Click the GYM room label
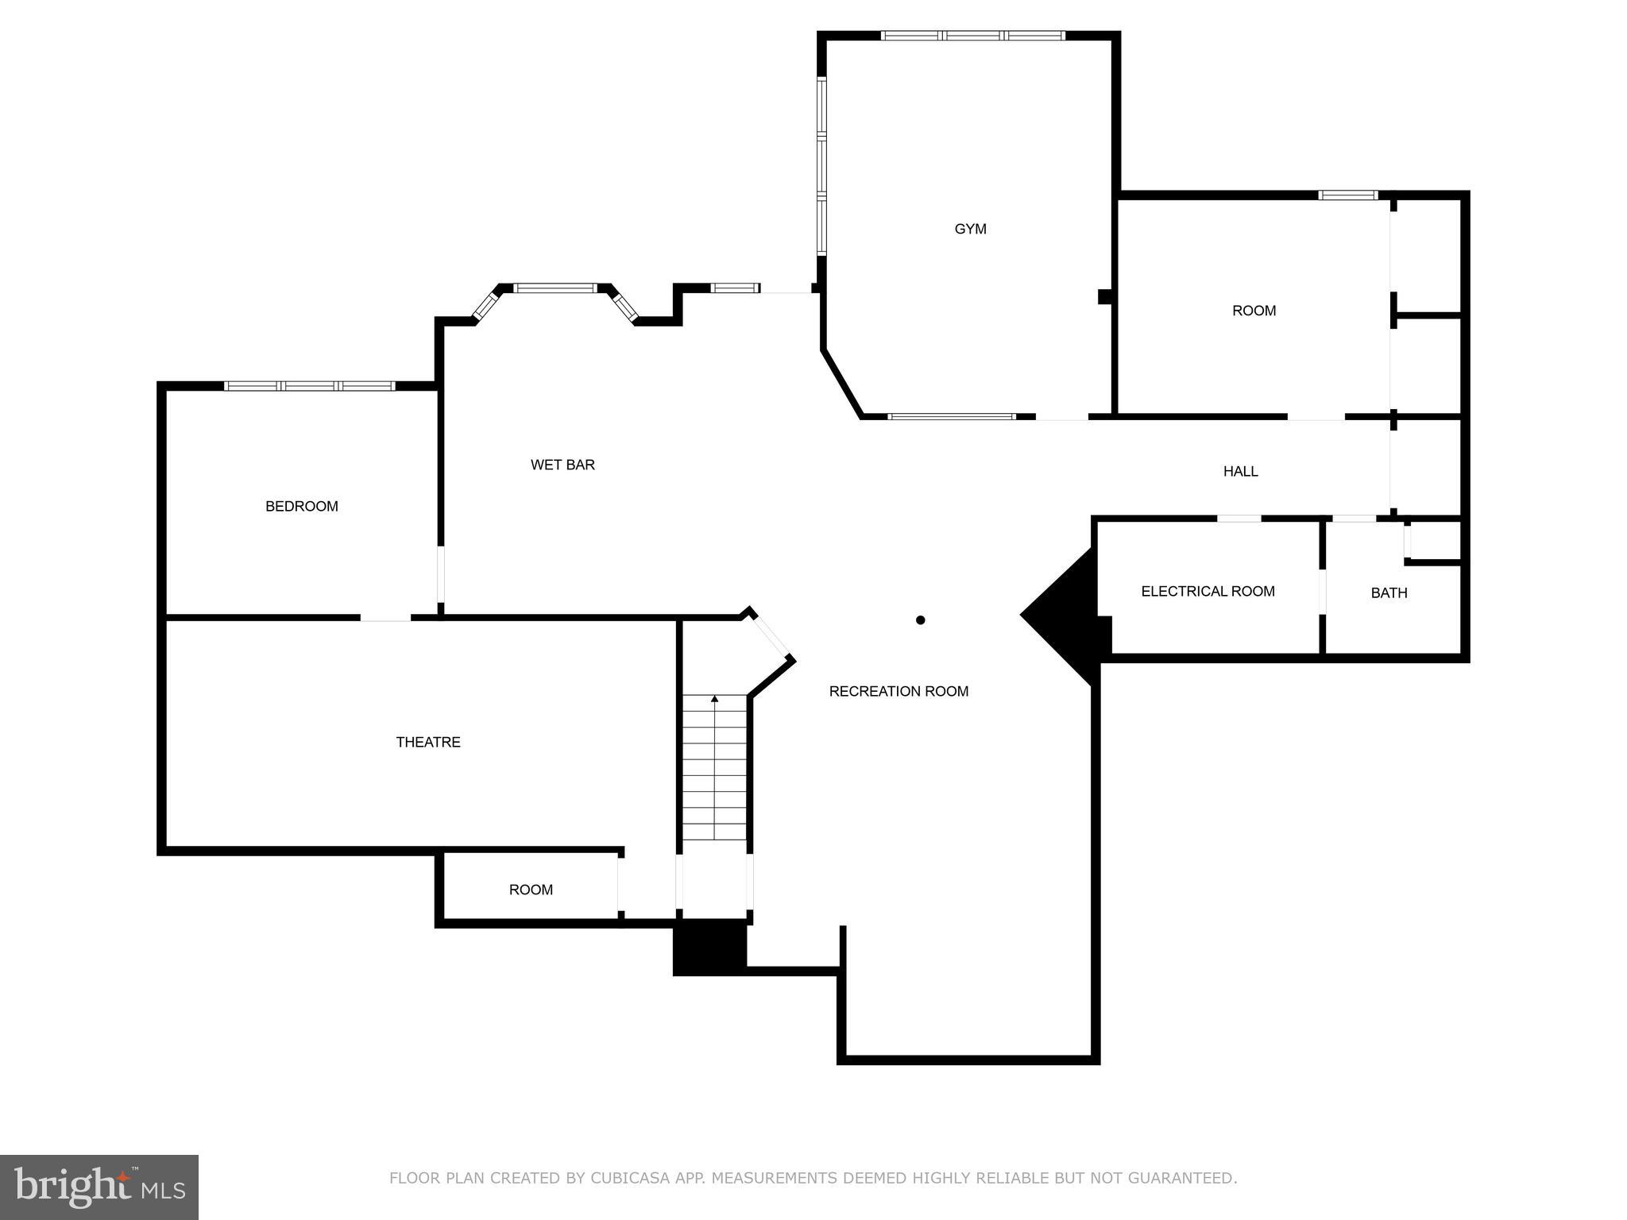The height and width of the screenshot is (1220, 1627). [970, 229]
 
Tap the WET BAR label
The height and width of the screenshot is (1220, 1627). [562, 465]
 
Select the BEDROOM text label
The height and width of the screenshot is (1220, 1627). [301, 506]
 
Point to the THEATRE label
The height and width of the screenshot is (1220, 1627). [428, 742]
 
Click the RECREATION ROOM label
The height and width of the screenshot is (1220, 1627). [899, 691]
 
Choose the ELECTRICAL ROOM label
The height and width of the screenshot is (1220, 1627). [1208, 591]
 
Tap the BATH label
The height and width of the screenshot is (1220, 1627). [1389, 593]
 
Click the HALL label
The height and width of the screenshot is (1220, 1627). [1240, 471]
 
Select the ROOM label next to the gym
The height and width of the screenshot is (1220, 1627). [1254, 311]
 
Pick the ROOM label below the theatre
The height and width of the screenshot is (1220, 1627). [531, 890]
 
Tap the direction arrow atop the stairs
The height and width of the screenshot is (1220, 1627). [714, 699]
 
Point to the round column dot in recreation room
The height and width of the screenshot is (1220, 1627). [920, 620]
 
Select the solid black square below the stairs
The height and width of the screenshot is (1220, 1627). [709, 947]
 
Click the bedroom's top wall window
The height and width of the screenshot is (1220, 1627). [309, 386]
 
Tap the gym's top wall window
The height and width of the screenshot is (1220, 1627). [972, 35]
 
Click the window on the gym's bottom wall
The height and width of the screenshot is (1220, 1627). [951, 416]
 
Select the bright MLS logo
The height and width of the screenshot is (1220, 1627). [99, 1187]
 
